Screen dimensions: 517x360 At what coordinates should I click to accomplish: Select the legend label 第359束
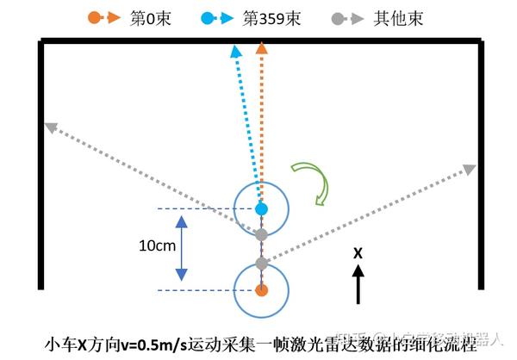[271, 18]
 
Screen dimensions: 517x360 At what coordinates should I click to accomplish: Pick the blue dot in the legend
[207, 17]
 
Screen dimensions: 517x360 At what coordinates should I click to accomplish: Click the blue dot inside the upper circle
[262, 209]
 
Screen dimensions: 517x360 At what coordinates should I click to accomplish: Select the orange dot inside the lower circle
[262, 290]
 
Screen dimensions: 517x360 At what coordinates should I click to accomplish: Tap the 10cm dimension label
[158, 245]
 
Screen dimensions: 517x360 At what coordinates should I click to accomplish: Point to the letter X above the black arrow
[358, 252]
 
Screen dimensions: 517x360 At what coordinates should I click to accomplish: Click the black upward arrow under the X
[358, 284]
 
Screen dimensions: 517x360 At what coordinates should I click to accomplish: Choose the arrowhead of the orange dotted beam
[262, 49]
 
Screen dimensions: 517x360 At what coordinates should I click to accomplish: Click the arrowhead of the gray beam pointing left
[50, 127]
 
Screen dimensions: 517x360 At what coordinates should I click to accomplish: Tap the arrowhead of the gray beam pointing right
[471, 168]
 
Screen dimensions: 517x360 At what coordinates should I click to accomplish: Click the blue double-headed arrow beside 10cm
[181, 248]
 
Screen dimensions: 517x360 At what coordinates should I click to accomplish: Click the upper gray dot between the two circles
[262, 234]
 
